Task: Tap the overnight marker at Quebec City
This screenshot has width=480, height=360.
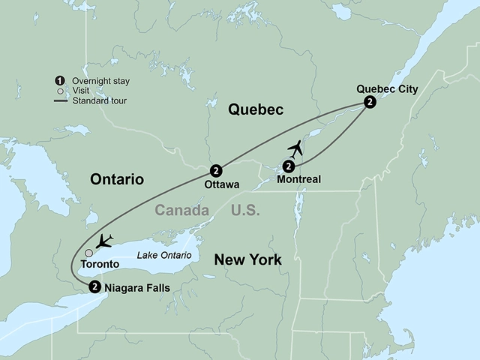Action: (369, 103)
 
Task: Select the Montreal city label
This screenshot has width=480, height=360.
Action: (298, 179)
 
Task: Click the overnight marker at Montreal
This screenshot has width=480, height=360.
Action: (289, 166)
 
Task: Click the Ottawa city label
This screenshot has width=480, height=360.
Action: (221, 183)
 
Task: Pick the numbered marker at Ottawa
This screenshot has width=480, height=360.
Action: (216, 169)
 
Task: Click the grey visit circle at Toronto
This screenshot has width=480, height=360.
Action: (89, 252)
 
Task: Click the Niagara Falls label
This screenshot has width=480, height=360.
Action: (136, 287)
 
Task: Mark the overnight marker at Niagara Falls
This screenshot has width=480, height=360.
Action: (94, 286)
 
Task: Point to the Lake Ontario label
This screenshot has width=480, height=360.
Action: (164, 256)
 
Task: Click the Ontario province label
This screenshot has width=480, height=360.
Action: (116, 178)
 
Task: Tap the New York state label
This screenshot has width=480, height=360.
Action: (247, 260)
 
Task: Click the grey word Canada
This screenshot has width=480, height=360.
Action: (182, 211)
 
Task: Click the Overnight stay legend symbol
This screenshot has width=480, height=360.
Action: (58, 80)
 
